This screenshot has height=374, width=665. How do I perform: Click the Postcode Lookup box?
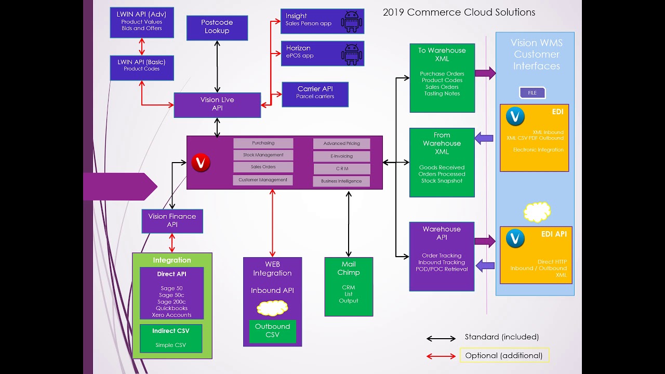[217, 28]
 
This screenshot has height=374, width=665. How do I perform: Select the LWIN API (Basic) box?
[142, 68]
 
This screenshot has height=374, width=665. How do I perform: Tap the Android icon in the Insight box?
[352, 21]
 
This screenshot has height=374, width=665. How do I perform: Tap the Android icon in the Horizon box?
[352, 53]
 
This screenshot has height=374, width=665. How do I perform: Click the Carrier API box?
[315, 94]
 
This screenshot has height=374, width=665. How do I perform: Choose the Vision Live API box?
[217, 104]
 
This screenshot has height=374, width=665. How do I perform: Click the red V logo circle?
[201, 163]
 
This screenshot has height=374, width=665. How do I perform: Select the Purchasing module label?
[263, 143]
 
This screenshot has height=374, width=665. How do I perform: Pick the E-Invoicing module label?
[341, 156]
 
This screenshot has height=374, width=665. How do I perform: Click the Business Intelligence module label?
[341, 181]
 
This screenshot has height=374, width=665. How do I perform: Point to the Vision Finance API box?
[172, 221]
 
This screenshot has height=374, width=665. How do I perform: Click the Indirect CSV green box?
[170, 338]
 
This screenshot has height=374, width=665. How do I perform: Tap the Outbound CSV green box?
[272, 331]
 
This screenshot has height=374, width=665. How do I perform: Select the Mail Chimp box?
[349, 286]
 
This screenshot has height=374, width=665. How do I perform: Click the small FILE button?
[532, 93]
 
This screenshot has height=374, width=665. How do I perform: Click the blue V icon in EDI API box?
[515, 238]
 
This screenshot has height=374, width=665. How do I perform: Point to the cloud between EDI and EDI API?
[537, 212]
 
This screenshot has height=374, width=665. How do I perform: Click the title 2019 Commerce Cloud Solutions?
[459, 12]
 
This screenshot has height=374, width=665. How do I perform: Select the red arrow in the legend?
[441, 356]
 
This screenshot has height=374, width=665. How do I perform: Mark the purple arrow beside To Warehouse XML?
[485, 73]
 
